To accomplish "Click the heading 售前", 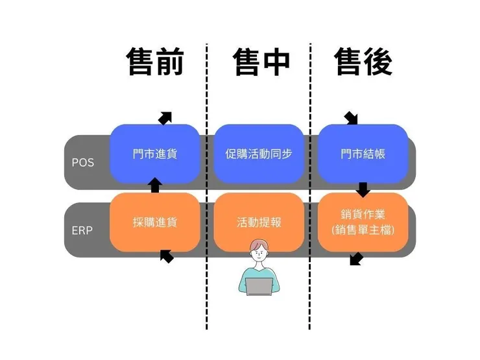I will click(155, 63).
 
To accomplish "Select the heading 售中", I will click(261, 63).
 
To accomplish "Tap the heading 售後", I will click(363, 63).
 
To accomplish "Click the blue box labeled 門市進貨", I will click(155, 154).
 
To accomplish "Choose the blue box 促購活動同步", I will click(259, 154).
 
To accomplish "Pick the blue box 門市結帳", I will click(363, 154).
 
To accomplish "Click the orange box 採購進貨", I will click(155, 222).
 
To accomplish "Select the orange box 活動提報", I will click(259, 222).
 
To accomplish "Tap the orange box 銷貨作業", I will click(363, 222).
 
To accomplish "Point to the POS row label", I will click(82, 162).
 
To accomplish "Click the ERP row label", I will click(82, 230).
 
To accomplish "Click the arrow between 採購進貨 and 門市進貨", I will click(155, 187).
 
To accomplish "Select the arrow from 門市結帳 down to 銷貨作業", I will click(363, 189).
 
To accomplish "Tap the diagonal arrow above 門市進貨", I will click(165, 117).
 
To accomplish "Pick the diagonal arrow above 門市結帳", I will click(351, 118).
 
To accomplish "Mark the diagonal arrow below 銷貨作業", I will click(356, 259).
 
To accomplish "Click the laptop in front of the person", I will click(259, 286).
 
